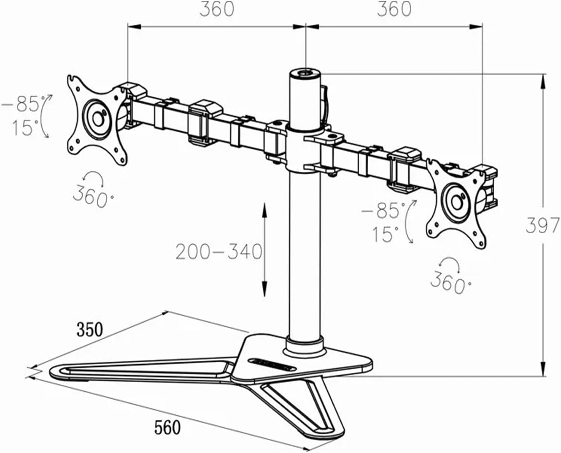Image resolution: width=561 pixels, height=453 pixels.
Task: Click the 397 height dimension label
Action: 542,225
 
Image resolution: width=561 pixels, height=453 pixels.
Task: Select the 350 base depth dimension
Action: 89,330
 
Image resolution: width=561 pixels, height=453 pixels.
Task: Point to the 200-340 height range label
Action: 219,252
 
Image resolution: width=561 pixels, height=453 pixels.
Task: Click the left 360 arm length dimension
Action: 217,9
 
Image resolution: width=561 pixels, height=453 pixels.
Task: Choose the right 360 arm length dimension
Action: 394,9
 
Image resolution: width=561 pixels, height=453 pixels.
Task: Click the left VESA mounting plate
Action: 97,120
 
